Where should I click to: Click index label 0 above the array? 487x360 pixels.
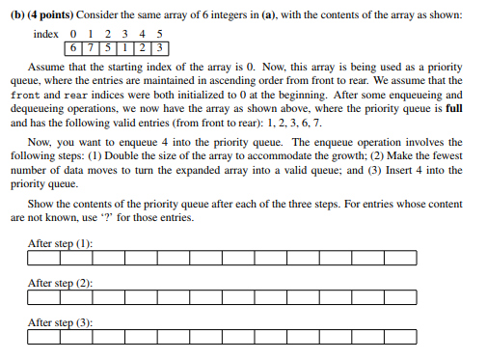pyautogui.click(x=72, y=34)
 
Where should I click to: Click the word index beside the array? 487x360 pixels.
pyautogui.click(x=45, y=34)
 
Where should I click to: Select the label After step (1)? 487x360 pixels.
pyautogui.click(x=61, y=242)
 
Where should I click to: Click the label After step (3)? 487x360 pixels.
pyautogui.click(x=61, y=322)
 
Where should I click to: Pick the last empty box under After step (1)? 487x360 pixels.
pyautogui.click(x=400, y=258)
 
